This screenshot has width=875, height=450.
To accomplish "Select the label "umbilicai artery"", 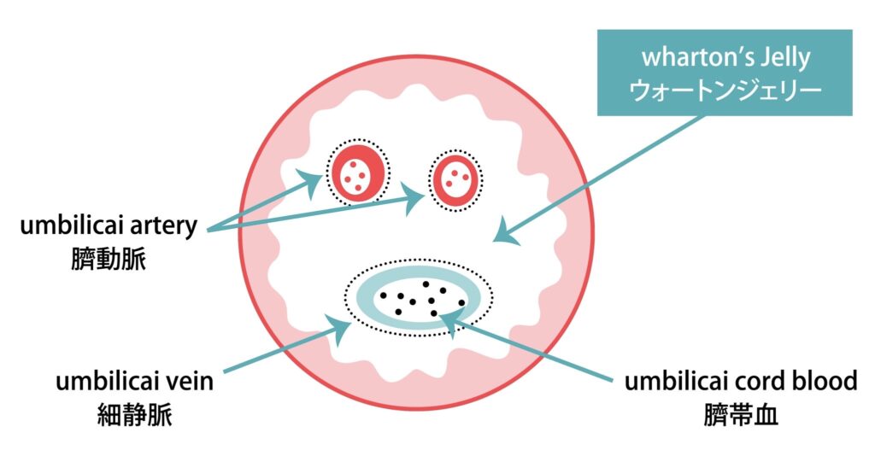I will tap(109, 226).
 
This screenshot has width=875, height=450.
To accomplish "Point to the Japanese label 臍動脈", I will tap(109, 259).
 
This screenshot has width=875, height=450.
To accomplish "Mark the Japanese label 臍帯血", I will tap(741, 415).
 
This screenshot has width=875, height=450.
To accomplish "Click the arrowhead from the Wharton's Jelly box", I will tap(506, 234).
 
